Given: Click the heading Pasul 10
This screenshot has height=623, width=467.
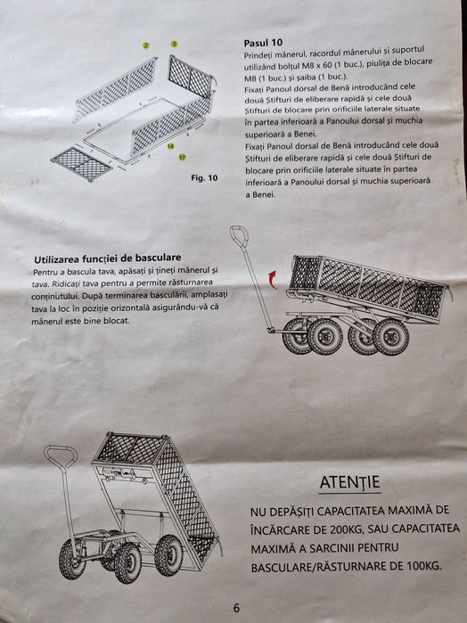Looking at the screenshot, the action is (x=263, y=43).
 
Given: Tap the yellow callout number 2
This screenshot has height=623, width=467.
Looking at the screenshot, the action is (x=146, y=45).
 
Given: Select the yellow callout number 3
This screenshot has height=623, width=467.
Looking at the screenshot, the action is (x=174, y=44).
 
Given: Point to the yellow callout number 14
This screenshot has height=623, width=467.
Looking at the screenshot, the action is (x=170, y=146).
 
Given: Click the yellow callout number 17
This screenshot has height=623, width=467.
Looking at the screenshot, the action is (x=182, y=158).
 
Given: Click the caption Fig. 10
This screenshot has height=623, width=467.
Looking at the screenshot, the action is (x=204, y=177).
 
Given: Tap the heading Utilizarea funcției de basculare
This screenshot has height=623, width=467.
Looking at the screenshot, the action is (x=107, y=258).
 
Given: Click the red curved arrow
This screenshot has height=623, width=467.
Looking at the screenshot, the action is (x=272, y=279).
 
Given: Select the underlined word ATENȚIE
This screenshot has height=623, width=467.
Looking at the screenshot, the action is (x=349, y=482).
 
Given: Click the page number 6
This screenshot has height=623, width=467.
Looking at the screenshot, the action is (x=236, y=608).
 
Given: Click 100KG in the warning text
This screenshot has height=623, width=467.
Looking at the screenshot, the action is (x=422, y=566).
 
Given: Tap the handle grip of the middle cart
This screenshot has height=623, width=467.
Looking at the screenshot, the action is (x=239, y=235).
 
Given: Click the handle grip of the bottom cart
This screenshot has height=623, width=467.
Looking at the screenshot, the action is (x=61, y=455).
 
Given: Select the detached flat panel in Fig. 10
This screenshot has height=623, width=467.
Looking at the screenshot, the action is (x=81, y=164).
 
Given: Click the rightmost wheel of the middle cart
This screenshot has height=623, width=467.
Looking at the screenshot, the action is (x=390, y=337).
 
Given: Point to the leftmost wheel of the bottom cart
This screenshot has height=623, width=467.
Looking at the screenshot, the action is (x=72, y=559).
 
